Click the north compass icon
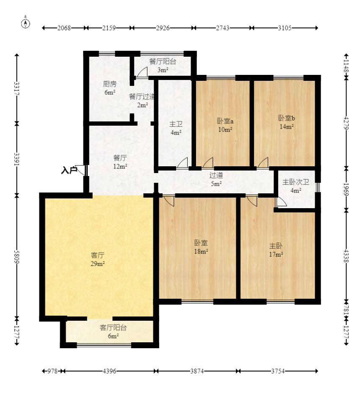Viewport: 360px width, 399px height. click(x=25, y=23)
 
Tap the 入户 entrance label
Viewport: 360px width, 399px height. click(x=69, y=170)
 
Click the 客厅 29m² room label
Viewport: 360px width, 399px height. click(x=97, y=259)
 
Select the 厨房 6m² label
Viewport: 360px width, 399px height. click(x=110, y=88)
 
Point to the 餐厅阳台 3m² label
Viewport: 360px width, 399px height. click(x=163, y=66)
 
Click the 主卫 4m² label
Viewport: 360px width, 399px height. click(x=176, y=128)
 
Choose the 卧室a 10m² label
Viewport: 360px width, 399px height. click(x=225, y=125)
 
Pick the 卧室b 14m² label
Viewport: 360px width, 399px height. click(x=287, y=122)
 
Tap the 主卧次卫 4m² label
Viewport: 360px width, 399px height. click(x=296, y=186)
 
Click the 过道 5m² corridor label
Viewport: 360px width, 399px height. click(x=216, y=179)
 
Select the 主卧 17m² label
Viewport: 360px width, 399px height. click(x=276, y=250)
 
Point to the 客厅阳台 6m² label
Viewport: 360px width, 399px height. click(x=113, y=332)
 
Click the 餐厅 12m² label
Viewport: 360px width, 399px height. click(x=120, y=162)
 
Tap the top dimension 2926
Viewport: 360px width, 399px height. click(x=163, y=28)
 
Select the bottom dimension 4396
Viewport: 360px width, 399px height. click(x=109, y=371)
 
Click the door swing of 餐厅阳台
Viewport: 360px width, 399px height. click(x=142, y=72)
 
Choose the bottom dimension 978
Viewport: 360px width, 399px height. click(x=52, y=371)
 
